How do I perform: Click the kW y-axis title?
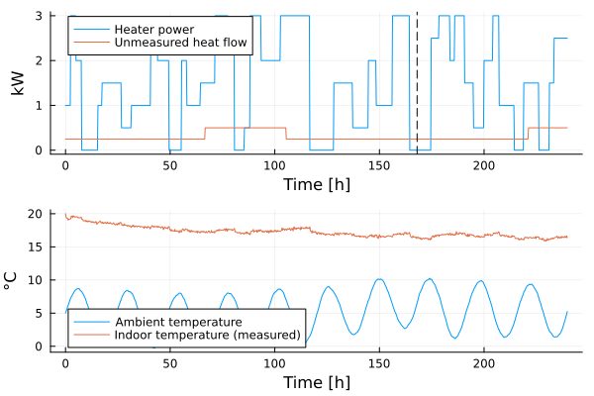(x=17, y=83)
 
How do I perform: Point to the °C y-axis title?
(x=11, y=281)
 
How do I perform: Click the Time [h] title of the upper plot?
(x=317, y=184)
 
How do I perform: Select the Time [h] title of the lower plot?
(x=317, y=382)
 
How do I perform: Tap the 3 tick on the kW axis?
(x=39, y=16)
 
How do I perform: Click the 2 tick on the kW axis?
(x=39, y=60)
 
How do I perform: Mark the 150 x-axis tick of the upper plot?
(x=379, y=165)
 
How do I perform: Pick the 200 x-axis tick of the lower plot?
(x=484, y=363)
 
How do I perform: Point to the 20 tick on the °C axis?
(x=36, y=214)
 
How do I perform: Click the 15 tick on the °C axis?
(x=36, y=247)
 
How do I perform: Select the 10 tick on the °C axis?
(x=36, y=280)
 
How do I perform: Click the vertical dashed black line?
(x=417, y=82)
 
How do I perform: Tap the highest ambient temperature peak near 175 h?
(x=430, y=279)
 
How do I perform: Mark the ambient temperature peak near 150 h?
(x=379, y=279)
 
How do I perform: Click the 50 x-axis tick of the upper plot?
(x=170, y=165)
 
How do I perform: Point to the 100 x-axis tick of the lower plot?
(x=274, y=363)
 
